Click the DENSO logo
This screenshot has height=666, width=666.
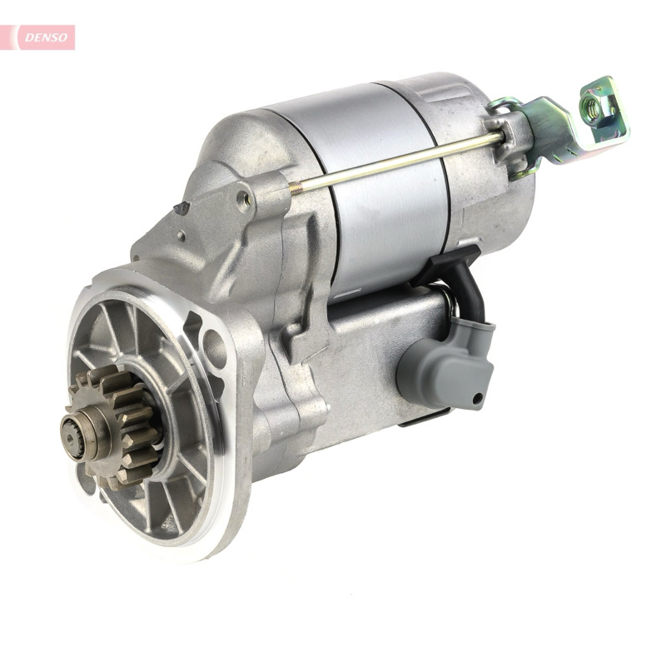tap(46, 37)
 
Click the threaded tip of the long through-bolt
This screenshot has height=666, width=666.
tap(295, 187)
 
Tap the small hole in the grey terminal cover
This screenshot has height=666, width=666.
tap(477, 399)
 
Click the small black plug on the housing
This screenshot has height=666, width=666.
tap(181, 207)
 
